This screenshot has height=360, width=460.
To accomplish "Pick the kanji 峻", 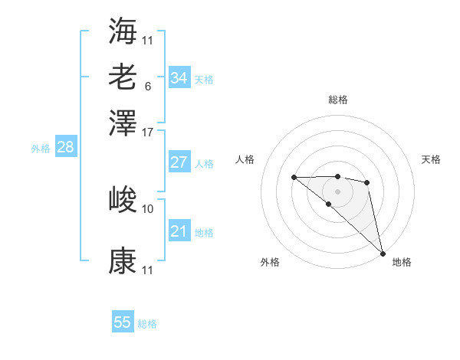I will coord(123,199).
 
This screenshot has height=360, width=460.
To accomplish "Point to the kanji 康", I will coord(123,260).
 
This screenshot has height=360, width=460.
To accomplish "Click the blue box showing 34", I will coord(179,78).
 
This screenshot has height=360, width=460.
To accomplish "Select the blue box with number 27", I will coord(179,162).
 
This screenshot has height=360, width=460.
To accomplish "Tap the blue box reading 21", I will coord(179,231).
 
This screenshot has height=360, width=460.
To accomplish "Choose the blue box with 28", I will coord(66,148).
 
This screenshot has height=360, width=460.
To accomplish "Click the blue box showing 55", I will coord(123,322).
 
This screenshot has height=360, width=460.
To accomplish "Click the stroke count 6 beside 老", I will coord(148,86).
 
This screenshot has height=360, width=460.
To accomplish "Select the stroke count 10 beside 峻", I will coord(148,208).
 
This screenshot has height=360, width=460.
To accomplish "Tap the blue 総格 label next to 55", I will coord(147,324).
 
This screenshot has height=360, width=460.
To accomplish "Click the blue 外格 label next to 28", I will coord(41,149).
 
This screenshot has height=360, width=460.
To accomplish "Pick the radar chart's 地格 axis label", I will coord(402,262).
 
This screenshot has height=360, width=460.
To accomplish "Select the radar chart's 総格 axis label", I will coord(338,100).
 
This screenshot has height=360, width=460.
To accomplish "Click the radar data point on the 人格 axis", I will coord(294,178).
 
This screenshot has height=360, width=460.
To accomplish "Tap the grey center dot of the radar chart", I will coord(338,191).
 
